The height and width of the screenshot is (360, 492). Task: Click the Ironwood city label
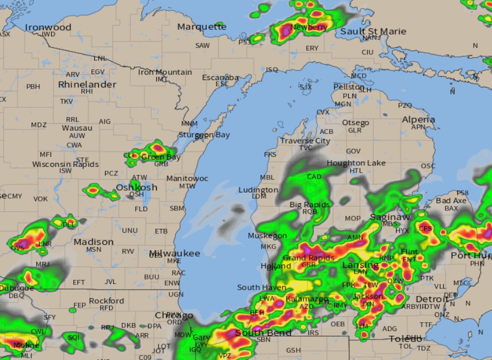(48, 27)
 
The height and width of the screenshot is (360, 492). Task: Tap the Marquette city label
(202, 27)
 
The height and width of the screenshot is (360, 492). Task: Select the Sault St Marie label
(373, 32)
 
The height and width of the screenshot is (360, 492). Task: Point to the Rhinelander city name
(87, 85)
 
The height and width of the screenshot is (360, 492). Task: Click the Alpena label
(418, 120)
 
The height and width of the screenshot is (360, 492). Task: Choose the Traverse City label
(305, 141)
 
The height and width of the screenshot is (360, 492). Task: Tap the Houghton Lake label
(356, 163)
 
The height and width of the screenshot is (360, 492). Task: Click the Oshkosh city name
(136, 187)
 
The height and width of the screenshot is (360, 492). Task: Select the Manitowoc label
(187, 179)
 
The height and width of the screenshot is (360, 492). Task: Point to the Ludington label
(258, 190)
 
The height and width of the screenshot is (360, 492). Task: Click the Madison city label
(93, 242)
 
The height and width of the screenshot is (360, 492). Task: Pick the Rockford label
(106, 301)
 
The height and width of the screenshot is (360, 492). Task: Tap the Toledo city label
(405, 339)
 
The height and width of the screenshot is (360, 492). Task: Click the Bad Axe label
(451, 201)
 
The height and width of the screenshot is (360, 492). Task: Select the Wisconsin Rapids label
(65, 164)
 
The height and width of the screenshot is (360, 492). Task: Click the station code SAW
(203, 46)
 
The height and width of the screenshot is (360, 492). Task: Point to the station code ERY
(312, 48)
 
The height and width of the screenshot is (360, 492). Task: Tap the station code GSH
(293, 350)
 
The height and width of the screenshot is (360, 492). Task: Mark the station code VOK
(40, 199)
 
